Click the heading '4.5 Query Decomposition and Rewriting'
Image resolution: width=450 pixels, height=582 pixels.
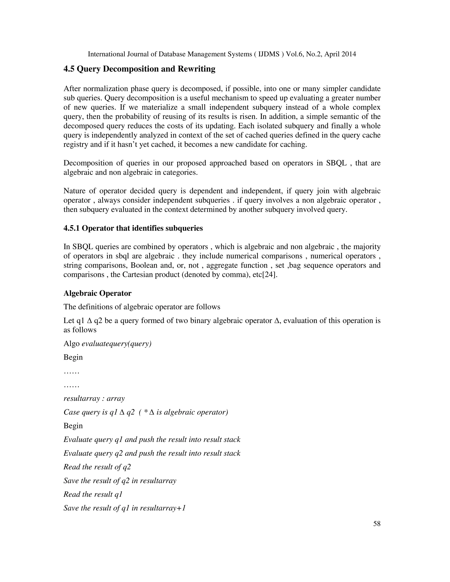pos(139,69)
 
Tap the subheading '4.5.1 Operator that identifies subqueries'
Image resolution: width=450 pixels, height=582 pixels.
pos(133,228)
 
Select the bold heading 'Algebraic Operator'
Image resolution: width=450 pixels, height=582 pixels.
pos(97,293)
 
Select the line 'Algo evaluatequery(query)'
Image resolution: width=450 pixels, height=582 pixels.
pos(107,343)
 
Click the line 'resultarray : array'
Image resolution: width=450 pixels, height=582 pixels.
pos(94,398)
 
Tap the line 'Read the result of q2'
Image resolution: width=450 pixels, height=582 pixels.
pos(97,467)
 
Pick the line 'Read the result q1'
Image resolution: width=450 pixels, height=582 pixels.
pos(93,494)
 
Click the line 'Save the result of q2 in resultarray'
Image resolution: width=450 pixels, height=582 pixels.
pos(120,481)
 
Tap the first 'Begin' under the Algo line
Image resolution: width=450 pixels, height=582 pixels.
pos(73,357)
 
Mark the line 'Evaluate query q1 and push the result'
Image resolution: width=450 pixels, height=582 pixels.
pos(152,439)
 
